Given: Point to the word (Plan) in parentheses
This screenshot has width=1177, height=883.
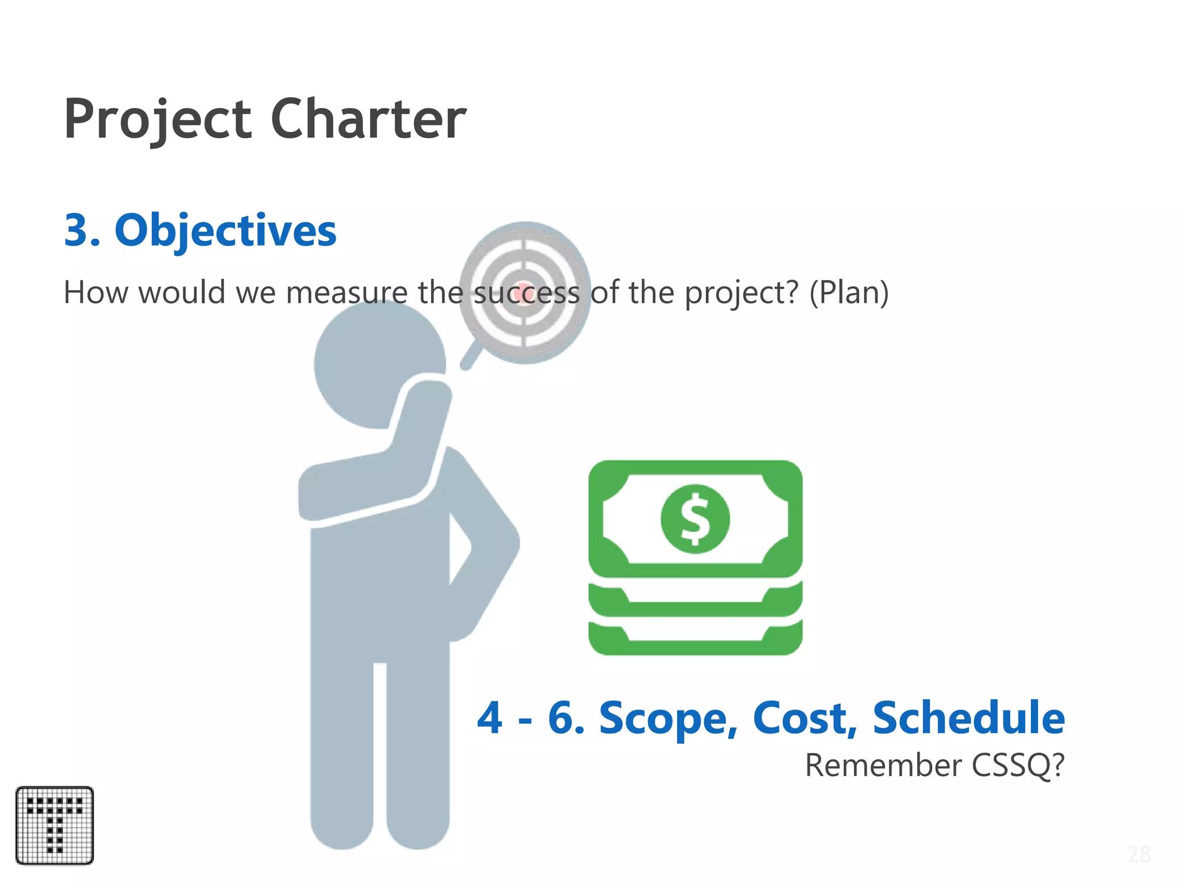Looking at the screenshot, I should (849, 292).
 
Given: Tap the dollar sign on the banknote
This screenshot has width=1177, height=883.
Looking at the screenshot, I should (695, 519).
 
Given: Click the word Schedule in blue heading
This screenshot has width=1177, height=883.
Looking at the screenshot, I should (968, 719).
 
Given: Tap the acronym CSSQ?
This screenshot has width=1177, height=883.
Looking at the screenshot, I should (1018, 766).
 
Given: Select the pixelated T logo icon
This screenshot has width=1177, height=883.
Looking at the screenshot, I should (55, 826).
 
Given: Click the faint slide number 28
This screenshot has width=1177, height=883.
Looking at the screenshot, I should (1138, 855).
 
